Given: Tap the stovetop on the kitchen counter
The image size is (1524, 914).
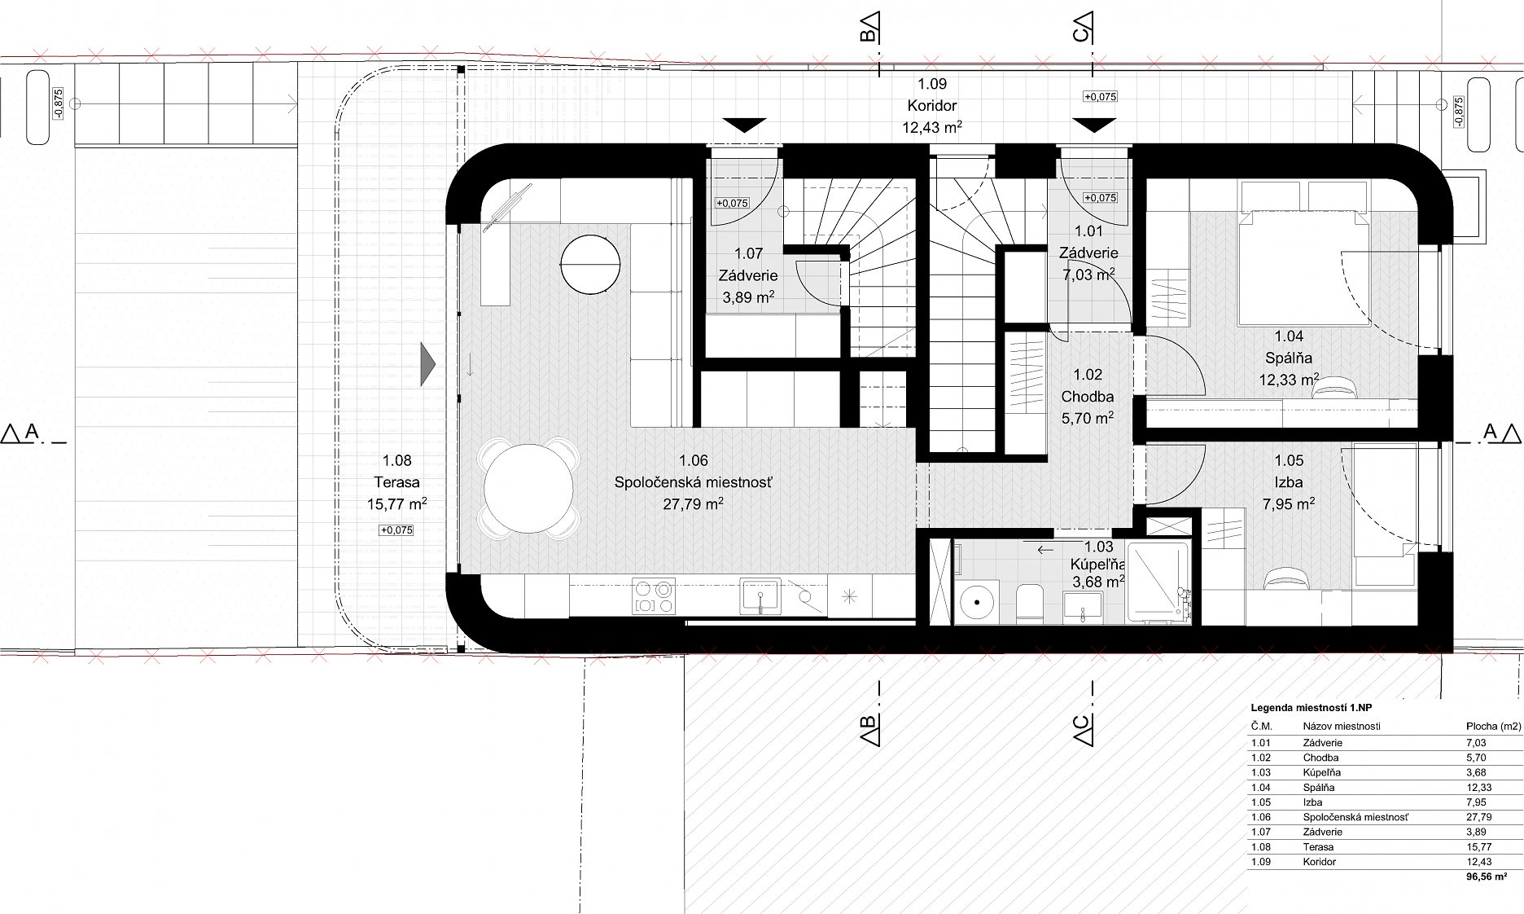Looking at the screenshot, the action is (654, 595).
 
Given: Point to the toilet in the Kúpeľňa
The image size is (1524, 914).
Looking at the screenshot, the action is (1030, 602).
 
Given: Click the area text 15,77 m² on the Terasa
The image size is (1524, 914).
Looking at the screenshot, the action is (397, 504).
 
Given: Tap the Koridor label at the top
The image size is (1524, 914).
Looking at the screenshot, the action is (932, 105).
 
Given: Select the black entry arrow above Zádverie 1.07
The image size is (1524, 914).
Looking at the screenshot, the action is (744, 125).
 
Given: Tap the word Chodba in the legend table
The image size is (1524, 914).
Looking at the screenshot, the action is (1320, 758).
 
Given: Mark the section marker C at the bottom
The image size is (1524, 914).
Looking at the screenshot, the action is (1083, 727).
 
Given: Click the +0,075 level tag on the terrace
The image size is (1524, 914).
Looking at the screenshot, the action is (396, 530).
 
